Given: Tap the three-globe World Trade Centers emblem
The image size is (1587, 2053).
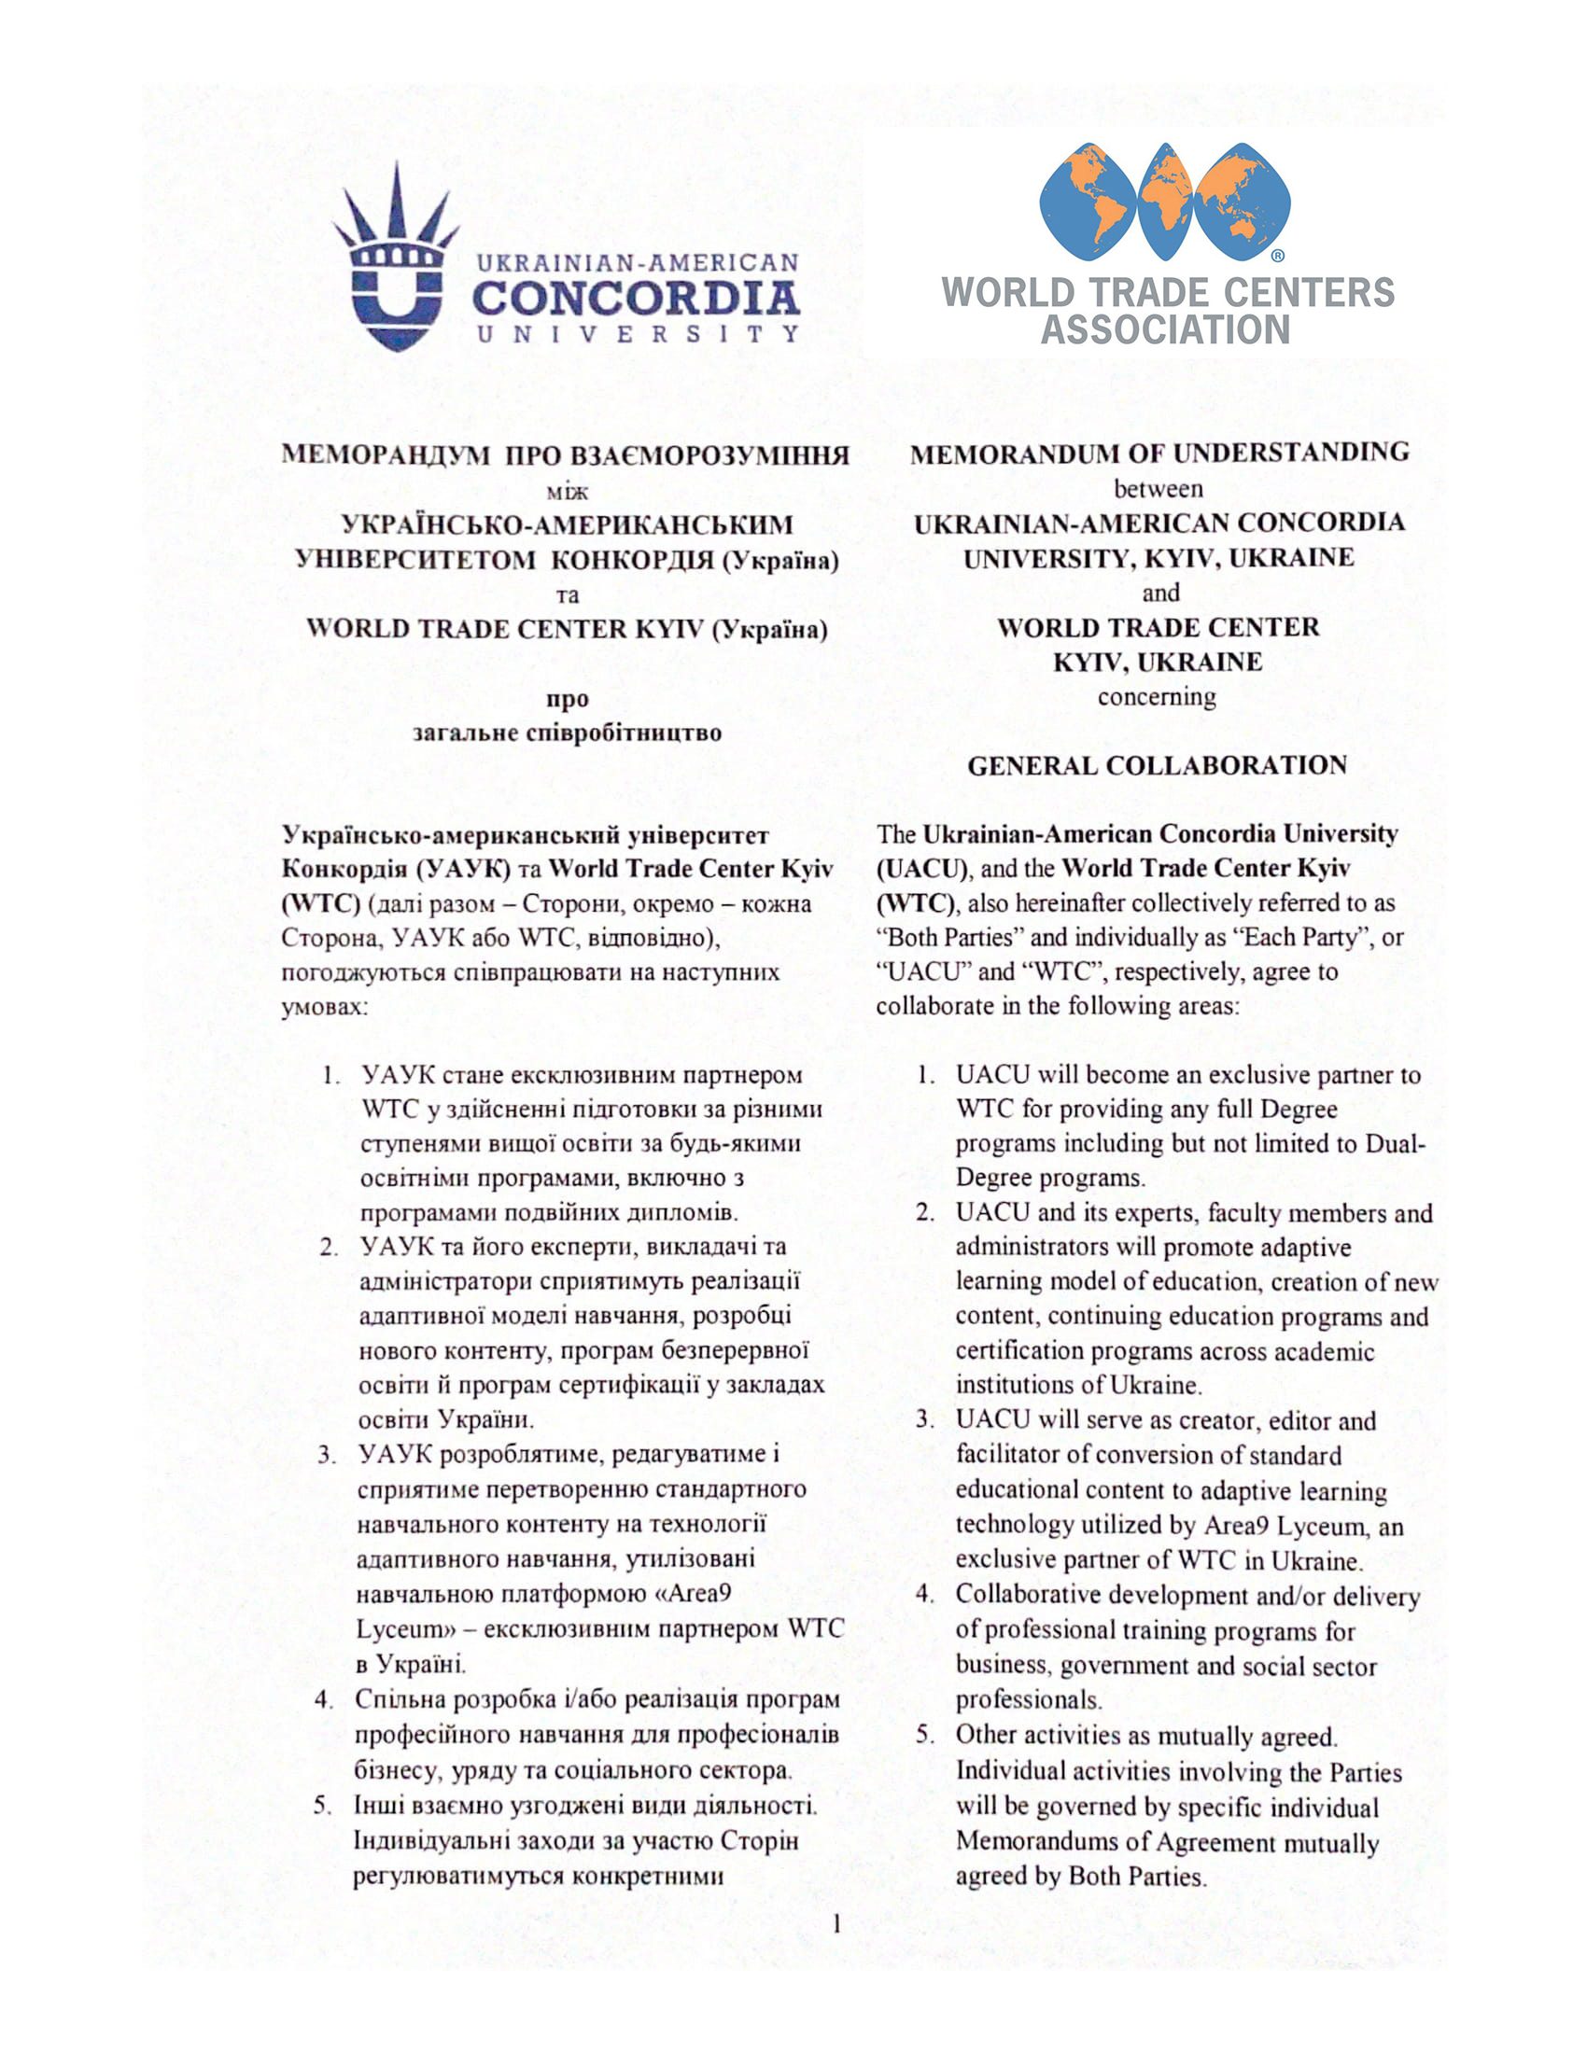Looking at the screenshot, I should click(1165, 203).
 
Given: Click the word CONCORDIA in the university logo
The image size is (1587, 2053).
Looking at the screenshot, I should click(636, 300).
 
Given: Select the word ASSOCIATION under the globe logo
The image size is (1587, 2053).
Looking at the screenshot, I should click(1165, 330).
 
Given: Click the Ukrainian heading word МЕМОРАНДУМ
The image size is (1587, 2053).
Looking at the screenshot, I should click(386, 455).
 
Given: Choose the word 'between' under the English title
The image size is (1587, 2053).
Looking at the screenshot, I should click(1159, 489).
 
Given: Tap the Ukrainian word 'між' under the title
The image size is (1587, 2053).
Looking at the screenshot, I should click(567, 491).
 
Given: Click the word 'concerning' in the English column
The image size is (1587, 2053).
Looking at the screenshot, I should click(1157, 696).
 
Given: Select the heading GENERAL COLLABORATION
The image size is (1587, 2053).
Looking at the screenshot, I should click(1157, 765).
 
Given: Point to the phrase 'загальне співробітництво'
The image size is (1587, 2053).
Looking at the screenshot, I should click(567, 733).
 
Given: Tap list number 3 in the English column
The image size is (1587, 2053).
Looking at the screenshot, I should click(925, 1419).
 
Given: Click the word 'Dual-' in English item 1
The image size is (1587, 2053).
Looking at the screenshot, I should click(1396, 1143).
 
